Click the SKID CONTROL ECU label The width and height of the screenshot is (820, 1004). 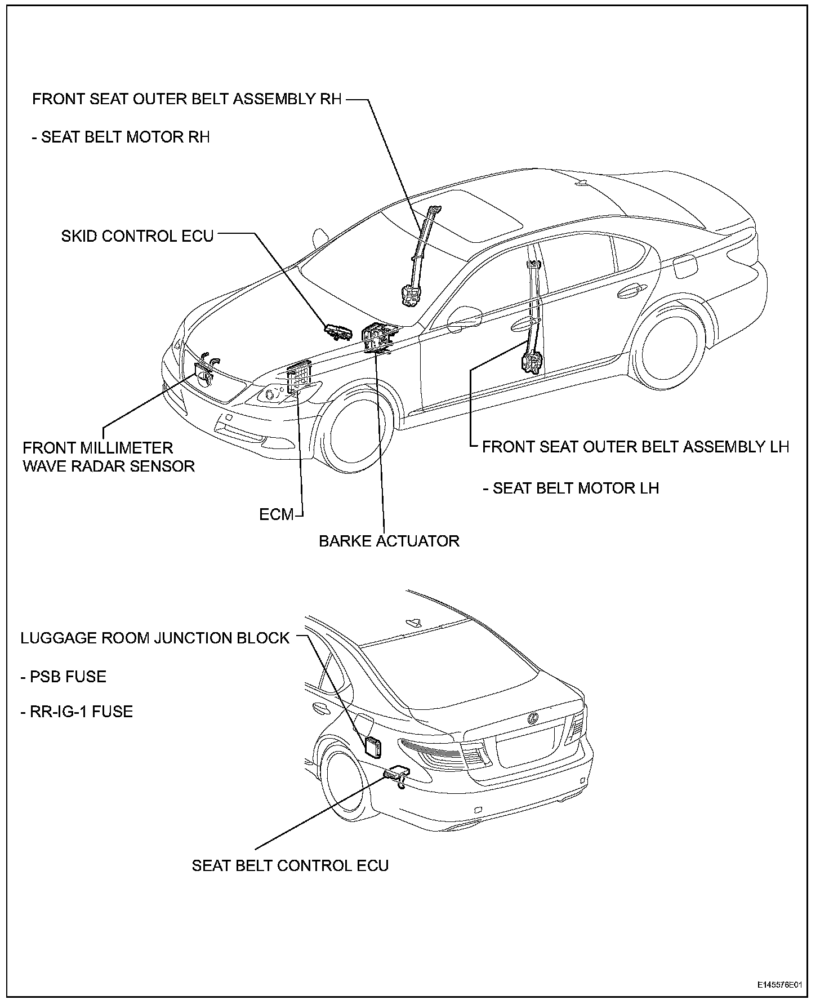pyautogui.click(x=137, y=236)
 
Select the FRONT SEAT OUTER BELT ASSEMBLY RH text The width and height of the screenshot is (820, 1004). pyautogui.click(x=187, y=99)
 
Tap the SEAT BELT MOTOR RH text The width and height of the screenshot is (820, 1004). pyautogui.click(x=126, y=137)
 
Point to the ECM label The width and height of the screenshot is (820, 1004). pyautogui.click(x=277, y=514)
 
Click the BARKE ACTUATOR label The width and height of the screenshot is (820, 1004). pyautogui.click(x=389, y=541)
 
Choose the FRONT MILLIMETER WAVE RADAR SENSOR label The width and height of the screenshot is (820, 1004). pyautogui.click(x=108, y=457)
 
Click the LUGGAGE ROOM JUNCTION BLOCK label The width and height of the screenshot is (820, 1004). pyautogui.click(x=155, y=638)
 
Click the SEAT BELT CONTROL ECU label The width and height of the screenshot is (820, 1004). pyautogui.click(x=290, y=865)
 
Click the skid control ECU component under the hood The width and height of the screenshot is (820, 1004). pyautogui.click(x=338, y=332)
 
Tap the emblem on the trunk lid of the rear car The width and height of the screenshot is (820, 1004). pyautogui.click(x=532, y=718)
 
